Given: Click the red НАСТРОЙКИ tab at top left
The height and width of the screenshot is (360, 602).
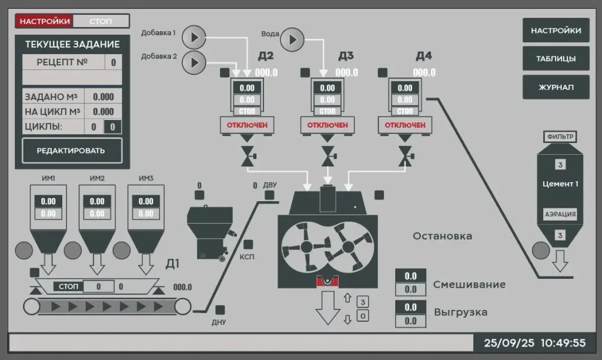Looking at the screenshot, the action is pos(45,21).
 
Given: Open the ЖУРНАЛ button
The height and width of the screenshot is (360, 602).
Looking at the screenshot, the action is pos(556,87).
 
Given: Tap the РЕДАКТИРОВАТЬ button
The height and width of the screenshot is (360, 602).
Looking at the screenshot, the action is pos(72,151).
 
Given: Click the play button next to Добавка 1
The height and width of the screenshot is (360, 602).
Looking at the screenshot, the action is pos(194,38).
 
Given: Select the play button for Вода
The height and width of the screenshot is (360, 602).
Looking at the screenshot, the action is pos(292,39).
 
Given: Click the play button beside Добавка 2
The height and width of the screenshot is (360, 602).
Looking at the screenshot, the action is pos(194,62).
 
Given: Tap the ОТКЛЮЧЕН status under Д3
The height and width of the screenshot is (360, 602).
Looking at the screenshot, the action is pos(327,125).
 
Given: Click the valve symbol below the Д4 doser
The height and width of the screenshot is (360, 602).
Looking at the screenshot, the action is pos(406,156).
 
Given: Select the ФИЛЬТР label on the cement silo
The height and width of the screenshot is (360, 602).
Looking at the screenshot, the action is pos(560,137).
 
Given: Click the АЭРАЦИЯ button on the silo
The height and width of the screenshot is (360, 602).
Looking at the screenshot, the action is pos(560,214).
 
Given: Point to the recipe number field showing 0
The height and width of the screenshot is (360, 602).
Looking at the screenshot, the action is pos(113,62).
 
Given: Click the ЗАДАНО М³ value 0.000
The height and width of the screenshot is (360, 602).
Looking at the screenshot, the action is pos(103,97).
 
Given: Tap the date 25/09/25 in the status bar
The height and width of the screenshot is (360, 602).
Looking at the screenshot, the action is pos(509,343).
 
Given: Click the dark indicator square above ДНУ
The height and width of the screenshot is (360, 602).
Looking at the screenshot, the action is pos(220,309).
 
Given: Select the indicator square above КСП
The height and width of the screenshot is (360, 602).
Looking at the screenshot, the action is pos(249,244).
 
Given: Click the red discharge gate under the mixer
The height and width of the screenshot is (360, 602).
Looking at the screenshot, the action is pos(327,281).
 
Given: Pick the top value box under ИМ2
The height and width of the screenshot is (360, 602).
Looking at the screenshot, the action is pos(97,201).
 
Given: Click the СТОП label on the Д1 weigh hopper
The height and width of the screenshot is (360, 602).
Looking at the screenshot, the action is pos(68,286).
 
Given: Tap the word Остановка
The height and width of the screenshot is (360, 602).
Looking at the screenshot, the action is pos(442,236).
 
